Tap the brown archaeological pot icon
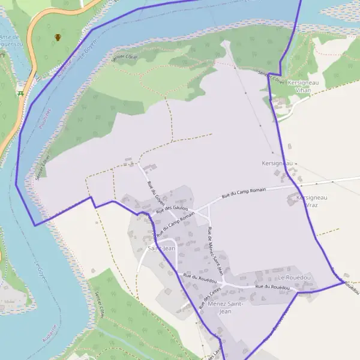(58, 37)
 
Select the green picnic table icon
(21, 92)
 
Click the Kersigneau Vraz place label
(312, 201)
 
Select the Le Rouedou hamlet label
(294, 278)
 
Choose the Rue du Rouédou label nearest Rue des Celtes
(200, 277)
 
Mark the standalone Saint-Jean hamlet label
(161, 248)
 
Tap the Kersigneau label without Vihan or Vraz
(277, 163)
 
